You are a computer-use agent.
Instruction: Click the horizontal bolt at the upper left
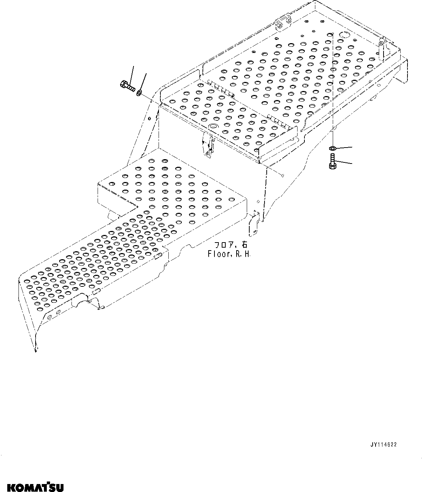point(127,86)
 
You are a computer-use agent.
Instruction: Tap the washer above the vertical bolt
point(332,148)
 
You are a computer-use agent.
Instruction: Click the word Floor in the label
point(218,254)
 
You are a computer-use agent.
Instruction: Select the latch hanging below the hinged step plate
point(208,145)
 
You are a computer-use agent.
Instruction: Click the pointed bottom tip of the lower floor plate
point(36,350)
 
